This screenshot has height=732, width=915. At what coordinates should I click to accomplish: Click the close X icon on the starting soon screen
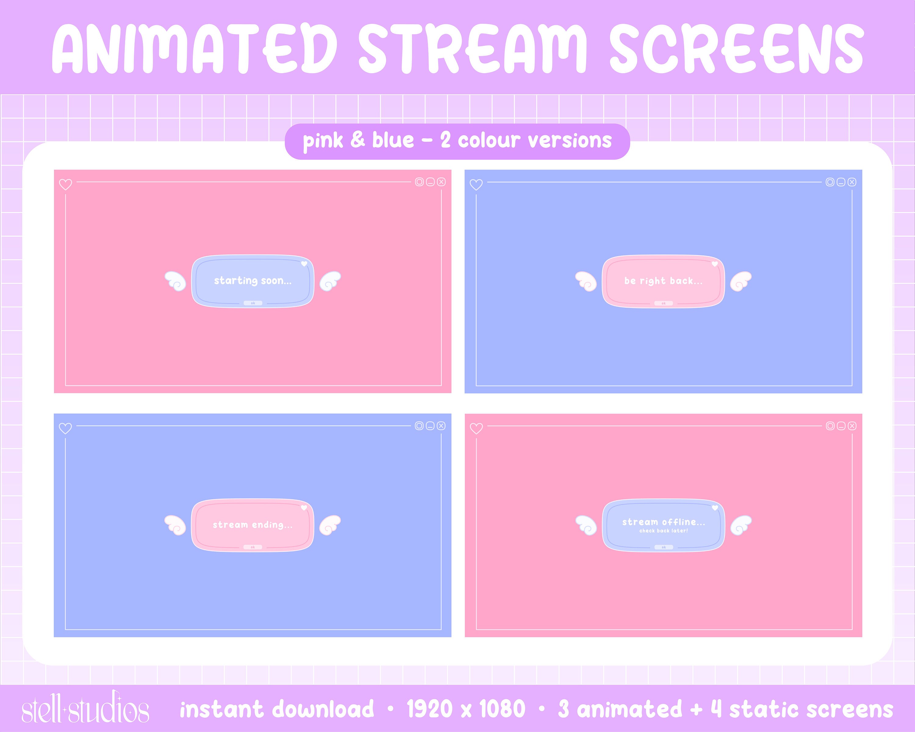pyautogui.click(x=441, y=182)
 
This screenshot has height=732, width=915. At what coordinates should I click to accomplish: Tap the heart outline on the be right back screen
pyautogui.click(x=476, y=185)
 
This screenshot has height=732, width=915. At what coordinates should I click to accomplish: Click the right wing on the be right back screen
pyautogui.click(x=741, y=281)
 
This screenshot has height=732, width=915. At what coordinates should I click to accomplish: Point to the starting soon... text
pyautogui.click(x=253, y=281)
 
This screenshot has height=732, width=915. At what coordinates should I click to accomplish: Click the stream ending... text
pyautogui.click(x=253, y=525)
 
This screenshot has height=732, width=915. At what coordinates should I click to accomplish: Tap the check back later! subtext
pyautogui.click(x=664, y=531)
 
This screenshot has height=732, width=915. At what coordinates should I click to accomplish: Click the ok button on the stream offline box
pyautogui.click(x=664, y=547)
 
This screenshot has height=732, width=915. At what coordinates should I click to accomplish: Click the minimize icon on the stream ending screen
pyautogui.click(x=430, y=426)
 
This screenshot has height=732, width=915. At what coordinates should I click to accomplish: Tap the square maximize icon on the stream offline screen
pyautogui.click(x=830, y=426)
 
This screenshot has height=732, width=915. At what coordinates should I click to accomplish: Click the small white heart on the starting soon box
pyautogui.click(x=304, y=264)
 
